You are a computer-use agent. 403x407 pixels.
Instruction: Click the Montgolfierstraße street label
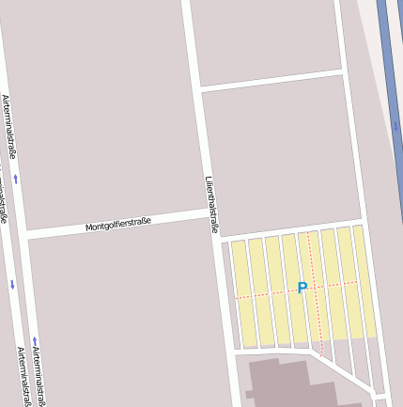tap(118, 225)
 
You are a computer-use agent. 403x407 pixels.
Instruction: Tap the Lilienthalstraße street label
tap(211, 204)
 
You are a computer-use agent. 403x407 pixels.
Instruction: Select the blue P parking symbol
tap(302, 288)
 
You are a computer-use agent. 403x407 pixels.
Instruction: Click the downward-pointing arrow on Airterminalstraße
tap(12, 284)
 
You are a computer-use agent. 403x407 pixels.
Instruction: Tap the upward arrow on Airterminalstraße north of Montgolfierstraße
tap(15, 178)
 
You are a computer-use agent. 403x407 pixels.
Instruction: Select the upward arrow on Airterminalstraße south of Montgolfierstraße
tap(35, 340)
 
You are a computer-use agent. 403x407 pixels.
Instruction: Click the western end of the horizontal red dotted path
tap(235, 298)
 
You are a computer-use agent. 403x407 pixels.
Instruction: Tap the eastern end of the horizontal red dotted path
tap(358, 281)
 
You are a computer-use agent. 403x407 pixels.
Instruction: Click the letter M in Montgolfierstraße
tap(88, 228)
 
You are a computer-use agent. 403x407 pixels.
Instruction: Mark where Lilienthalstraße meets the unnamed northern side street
tap(200, 90)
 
